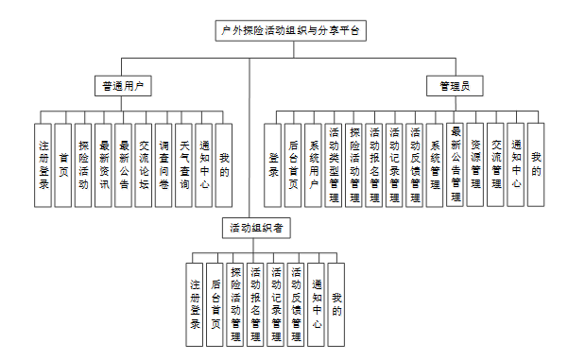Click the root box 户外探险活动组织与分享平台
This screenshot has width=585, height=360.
(x=291, y=30)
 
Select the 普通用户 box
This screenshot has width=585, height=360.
(x=123, y=86)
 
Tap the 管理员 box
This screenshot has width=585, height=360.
(x=455, y=86)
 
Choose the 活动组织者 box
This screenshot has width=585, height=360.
(x=256, y=228)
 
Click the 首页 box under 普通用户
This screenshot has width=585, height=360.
(x=63, y=165)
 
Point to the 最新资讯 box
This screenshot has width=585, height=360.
(x=103, y=165)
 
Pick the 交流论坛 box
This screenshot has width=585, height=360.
(x=144, y=165)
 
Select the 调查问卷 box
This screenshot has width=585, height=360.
(x=163, y=165)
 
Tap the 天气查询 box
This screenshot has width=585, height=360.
(x=184, y=165)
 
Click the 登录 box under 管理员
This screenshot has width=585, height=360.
(x=273, y=165)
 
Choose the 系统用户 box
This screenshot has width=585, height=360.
(x=314, y=165)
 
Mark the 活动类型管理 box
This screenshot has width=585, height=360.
(x=334, y=165)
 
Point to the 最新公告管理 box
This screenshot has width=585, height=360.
(x=456, y=165)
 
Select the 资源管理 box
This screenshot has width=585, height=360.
(x=475, y=165)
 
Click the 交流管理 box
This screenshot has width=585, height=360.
(x=495, y=165)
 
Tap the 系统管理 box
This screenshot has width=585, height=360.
(x=435, y=165)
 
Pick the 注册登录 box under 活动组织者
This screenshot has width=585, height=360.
(x=195, y=305)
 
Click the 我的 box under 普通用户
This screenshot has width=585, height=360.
(x=224, y=165)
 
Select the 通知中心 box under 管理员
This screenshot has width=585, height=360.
(x=516, y=165)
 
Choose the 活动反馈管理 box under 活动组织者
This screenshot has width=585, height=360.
(x=296, y=305)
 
